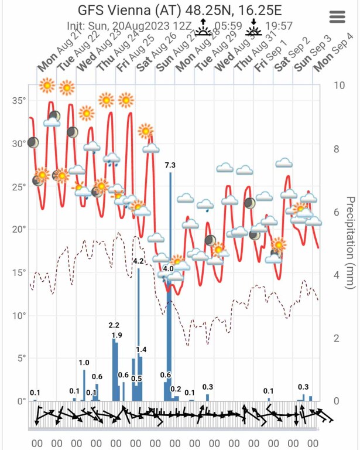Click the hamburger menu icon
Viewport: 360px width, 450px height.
click(x=338, y=17)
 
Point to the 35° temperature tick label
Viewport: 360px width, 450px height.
click(x=19, y=101)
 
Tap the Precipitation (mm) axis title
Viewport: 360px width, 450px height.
click(x=350, y=243)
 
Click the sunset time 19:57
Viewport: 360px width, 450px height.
click(x=278, y=27)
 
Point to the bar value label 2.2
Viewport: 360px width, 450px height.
click(x=114, y=325)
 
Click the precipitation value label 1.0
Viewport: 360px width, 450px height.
click(x=84, y=363)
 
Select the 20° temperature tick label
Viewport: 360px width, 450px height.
click(x=19, y=230)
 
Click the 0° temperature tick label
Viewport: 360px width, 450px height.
click(x=22, y=401)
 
